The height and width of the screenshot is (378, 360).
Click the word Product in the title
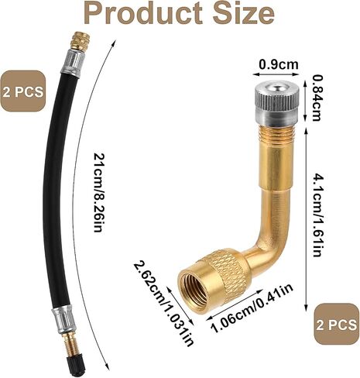[x=143, y=13]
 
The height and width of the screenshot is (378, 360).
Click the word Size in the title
[x=244, y=13]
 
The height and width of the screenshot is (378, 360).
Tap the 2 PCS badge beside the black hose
[x=22, y=91]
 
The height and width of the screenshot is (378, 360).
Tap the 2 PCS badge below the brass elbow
[x=337, y=324]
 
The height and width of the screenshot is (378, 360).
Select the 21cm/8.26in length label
[x=99, y=193]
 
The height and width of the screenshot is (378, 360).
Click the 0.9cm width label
[x=279, y=64]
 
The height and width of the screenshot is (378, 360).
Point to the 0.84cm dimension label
[x=316, y=98]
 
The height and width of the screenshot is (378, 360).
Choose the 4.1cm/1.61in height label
[x=317, y=215]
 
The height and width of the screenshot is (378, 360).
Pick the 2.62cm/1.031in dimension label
[x=163, y=302]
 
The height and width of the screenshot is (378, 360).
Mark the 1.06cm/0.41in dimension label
[x=252, y=308]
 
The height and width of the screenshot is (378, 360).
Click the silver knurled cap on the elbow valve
[x=276, y=103]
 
